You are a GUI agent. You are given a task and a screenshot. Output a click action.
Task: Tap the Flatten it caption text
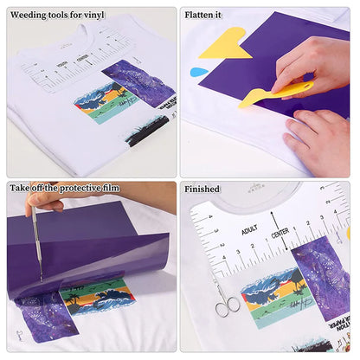203,15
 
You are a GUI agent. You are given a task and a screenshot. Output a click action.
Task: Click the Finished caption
202,189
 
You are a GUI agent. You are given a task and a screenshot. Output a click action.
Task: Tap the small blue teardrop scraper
199,71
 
